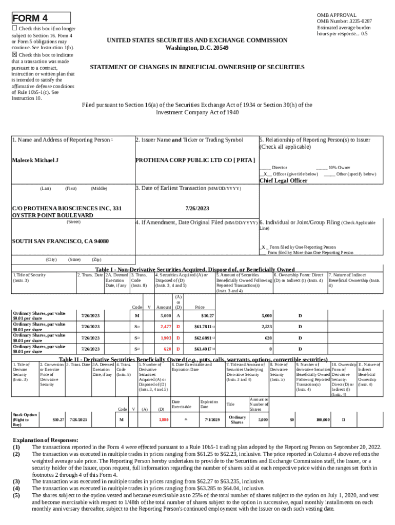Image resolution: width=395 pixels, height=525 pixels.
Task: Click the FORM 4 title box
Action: tap(41, 18)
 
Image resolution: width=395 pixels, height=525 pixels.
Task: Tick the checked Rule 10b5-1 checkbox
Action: tap(14, 54)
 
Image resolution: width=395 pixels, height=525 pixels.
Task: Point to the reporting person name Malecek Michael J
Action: tap(35, 160)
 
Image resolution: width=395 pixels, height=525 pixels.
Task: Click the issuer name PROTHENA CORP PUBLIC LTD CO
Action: tap(195, 160)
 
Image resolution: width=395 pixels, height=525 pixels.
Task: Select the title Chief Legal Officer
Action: tap(283, 180)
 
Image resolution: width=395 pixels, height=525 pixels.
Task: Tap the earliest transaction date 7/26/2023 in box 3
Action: tap(197, 208)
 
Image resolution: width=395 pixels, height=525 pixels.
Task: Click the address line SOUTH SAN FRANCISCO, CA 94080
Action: tap(60, 241)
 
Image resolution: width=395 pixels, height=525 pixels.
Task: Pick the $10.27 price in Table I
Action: tap(208, 316)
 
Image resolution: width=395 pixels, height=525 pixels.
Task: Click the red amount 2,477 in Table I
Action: tap(165, 327)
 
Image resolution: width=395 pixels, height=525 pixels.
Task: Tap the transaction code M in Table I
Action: tap(137, 316)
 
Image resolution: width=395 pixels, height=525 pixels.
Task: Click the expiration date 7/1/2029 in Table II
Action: tap(212, 419)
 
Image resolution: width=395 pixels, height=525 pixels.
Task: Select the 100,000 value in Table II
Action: tap(323, 419)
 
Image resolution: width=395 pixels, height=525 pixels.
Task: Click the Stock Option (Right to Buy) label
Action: tap(25, 419)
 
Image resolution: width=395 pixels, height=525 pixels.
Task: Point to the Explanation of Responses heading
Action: tap(46, 440)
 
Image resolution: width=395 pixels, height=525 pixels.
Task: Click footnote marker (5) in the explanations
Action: tap(16, 495)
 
